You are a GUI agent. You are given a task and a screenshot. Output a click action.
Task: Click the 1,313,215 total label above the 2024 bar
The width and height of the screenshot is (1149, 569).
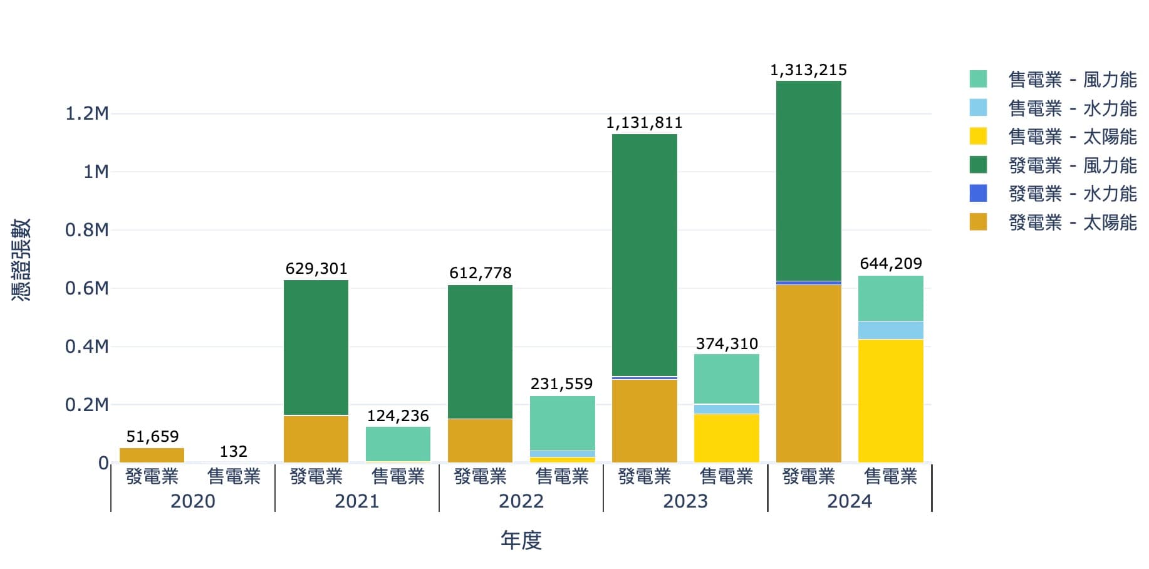pos(808,70)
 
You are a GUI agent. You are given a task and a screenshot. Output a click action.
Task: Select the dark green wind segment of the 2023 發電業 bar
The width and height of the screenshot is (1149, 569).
pos(644,254)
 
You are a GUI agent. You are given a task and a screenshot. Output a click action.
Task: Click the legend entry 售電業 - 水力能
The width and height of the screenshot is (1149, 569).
pos(1072,108)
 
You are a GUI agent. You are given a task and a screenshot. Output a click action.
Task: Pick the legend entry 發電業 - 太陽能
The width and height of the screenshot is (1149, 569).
pos(1072,222)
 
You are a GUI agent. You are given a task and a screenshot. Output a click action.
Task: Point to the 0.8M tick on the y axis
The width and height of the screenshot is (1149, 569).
pos(87,230)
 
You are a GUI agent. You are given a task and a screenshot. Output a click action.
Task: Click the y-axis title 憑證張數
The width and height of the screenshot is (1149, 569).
pos(21,259)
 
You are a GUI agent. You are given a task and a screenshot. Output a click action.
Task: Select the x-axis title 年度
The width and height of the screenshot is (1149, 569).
pos(521,540)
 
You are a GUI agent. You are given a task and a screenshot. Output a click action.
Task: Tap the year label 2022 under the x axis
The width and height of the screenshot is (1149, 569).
pos(521,501)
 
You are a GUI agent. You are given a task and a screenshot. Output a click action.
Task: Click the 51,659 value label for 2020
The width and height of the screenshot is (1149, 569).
pos(152,437)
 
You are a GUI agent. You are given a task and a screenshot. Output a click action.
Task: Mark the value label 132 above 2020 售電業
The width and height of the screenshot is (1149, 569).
pos(233,452)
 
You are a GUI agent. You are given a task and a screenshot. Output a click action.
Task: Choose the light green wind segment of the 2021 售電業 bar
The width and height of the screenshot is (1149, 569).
pos(398,444)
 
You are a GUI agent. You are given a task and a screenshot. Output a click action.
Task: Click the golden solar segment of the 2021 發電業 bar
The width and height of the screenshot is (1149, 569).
pos(316,439)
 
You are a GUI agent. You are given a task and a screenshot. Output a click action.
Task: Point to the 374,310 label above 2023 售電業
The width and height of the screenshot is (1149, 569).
pos(727,344)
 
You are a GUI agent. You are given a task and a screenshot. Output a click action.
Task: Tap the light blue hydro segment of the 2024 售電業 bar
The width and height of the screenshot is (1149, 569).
pos(890,330)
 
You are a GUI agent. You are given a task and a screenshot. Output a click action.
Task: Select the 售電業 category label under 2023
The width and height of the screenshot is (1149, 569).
pos(727,477)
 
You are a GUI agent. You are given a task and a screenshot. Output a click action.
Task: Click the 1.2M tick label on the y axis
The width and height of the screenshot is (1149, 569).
pos(87,113)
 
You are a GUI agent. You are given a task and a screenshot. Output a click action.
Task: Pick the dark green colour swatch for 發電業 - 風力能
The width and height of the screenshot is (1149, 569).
pos(978,165)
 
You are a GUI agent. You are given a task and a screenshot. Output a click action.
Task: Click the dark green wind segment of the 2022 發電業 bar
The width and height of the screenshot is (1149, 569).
pos(480,351)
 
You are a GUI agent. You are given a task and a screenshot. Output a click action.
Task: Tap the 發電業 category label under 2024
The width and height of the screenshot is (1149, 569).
pos(808,477)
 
